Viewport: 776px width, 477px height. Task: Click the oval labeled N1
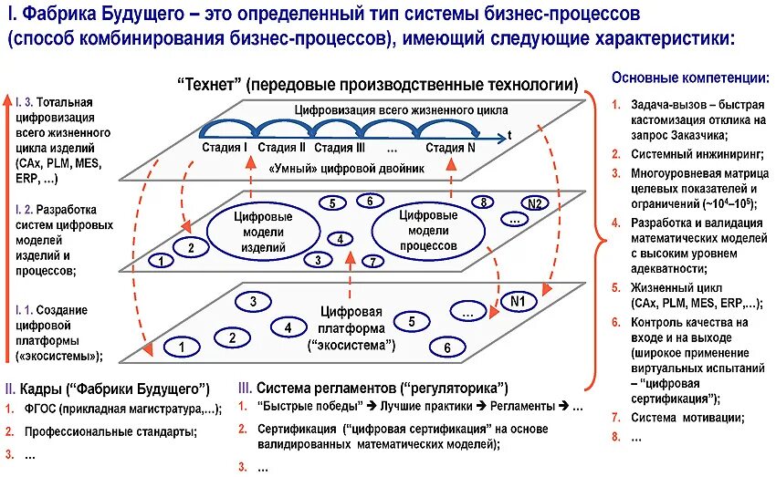[x=517, y=302]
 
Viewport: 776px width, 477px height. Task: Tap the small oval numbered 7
[x=371, y=262]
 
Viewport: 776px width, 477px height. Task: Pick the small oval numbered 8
[x=483, y=202]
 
